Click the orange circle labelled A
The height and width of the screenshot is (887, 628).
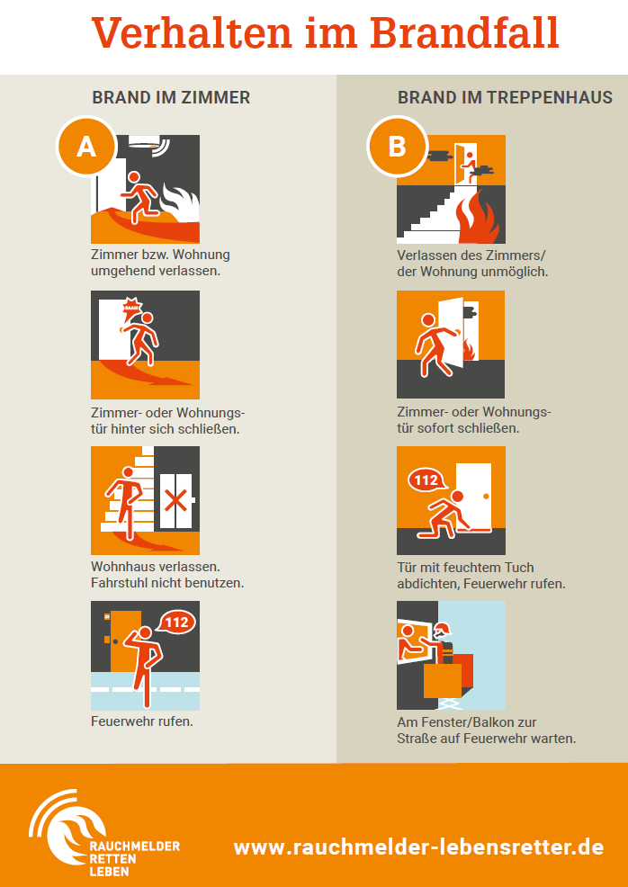86,147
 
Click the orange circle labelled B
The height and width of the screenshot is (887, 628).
397,147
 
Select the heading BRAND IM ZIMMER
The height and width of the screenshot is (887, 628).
171,97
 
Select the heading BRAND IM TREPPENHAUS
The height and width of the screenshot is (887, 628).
505,97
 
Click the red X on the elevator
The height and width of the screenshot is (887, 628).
176,501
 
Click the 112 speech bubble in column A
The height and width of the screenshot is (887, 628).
176,623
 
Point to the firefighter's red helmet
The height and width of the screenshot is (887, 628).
444,629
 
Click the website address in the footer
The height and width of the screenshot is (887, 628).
418,847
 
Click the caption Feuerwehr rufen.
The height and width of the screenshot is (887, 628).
142,721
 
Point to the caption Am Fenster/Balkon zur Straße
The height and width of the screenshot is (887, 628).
487,730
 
